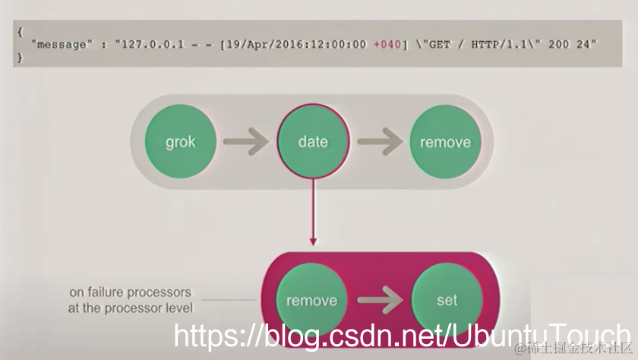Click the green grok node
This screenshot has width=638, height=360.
(x=181, y=142)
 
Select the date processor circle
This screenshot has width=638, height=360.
(x=313, y=142)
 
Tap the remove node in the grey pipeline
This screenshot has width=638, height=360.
(x=446, y=142)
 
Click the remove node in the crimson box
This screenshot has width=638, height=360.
(x=311, y=300)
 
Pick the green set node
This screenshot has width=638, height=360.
(x=447, y=300)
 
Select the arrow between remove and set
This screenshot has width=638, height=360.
(x=379, y=300)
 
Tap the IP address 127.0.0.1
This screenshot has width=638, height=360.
(x=151, y=44)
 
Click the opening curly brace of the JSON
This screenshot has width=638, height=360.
(x=20, y=32)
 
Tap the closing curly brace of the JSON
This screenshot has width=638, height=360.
(x=20, y=57)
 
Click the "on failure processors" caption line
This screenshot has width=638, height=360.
(x=130, y=292)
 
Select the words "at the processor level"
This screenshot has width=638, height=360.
(x=130, y=308)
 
